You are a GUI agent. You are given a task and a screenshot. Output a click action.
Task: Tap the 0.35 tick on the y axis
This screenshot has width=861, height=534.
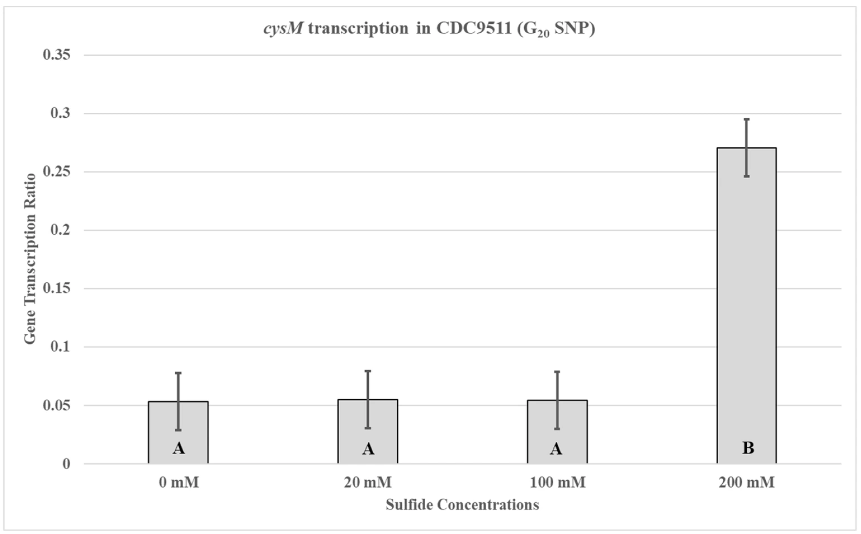[57, 55]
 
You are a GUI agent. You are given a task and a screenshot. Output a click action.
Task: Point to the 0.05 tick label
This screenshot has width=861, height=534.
[57, 406]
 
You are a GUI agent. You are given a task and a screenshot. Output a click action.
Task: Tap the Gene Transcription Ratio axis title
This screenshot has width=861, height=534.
[30, 259]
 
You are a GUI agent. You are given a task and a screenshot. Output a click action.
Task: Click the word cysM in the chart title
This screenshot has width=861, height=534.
[283, 28]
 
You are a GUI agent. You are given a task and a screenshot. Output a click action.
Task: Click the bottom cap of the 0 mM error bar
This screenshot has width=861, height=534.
[178, 430]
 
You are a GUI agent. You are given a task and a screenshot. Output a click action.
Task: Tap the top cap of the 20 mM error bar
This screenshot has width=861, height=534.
[368, 371]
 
